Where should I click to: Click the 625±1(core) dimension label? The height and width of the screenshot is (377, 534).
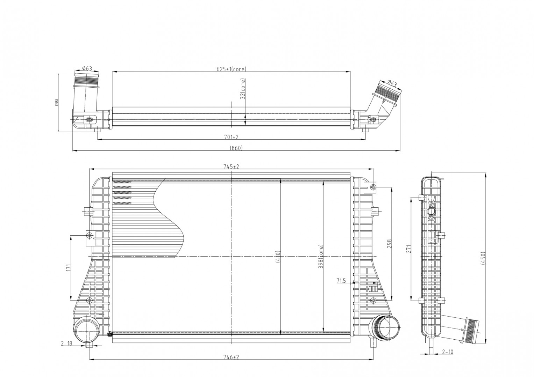coord(231,69)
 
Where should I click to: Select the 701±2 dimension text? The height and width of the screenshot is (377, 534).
coord(231,136)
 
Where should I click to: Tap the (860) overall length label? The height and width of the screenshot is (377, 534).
coord(236,148)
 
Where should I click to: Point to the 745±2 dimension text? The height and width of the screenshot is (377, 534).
coord(231,167)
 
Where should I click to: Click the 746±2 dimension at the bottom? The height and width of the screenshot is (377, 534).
coord(231,357)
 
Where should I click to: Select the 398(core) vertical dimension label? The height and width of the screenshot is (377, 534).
coord(321,257)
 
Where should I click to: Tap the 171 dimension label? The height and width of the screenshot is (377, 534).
coord(69,267)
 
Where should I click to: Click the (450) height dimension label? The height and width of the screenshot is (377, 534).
coord(483,258)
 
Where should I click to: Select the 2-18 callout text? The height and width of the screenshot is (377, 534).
coord(66,343)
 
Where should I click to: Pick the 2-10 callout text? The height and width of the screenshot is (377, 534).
coord(447,352)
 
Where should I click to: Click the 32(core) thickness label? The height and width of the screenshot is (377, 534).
coord(243,89)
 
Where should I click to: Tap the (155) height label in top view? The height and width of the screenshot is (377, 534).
coord(56,102)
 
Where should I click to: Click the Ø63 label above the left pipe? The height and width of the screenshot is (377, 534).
coord(87,68)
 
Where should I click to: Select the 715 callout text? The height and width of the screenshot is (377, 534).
coord(341,280)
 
